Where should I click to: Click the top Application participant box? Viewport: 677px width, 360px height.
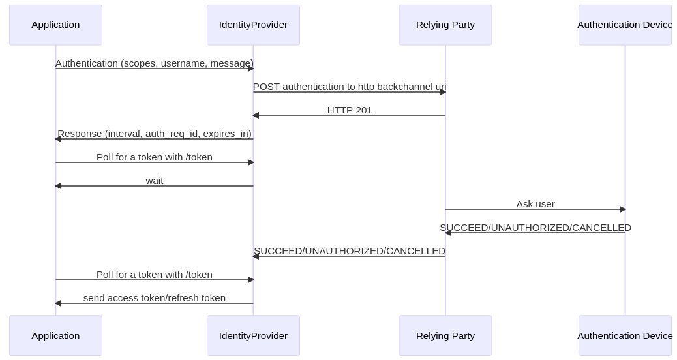pyautogui.click(x=55, y=25)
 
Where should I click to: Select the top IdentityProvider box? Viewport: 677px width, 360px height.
pyautogui.click(x=254, y=25)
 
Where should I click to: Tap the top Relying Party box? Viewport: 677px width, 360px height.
pyautogui.click(x=445, y=25)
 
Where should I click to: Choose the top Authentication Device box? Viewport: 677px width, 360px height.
pyautogui.click(x=625, y=25)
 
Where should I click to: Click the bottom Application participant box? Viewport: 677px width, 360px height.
pyautogui.click(x=55, y=336)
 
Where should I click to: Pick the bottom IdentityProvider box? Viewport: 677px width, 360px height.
pyautogui.click(x=254, y=336)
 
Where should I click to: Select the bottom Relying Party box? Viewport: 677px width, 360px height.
pyautogui.click(x=445, y=336)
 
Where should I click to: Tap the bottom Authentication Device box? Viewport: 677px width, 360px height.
pyautogui.click(x=625, y=336)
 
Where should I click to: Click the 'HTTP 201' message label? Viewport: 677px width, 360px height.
pyautogui.click(x=350, y=110)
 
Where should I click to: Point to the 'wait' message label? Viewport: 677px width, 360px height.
pyautogui.click(x=155, y=181)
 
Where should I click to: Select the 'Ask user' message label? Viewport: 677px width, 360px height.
pyautogui.click(x=535, y=204)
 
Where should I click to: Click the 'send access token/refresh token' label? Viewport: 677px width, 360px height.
pyautogui.click(x=155, y=298)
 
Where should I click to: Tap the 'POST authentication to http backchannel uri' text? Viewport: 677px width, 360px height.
pyautogui.click(x=350, y=87)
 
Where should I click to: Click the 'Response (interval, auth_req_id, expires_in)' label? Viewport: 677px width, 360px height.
pyautogui.click(x=155, y=134)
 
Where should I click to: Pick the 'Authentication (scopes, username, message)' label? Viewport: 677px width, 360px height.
pyautogui.click(x=155, y=63)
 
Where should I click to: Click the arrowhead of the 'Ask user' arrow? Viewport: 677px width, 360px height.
pyautogui.click(x=623, y=209)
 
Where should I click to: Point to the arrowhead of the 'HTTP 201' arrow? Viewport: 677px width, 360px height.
pyautogui.click(x=256, y=115)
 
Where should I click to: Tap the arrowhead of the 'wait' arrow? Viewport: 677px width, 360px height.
pyautogui.click(x=58, y=186)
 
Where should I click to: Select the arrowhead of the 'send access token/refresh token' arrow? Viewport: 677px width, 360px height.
pyautogui.click(x=58, y=303)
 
